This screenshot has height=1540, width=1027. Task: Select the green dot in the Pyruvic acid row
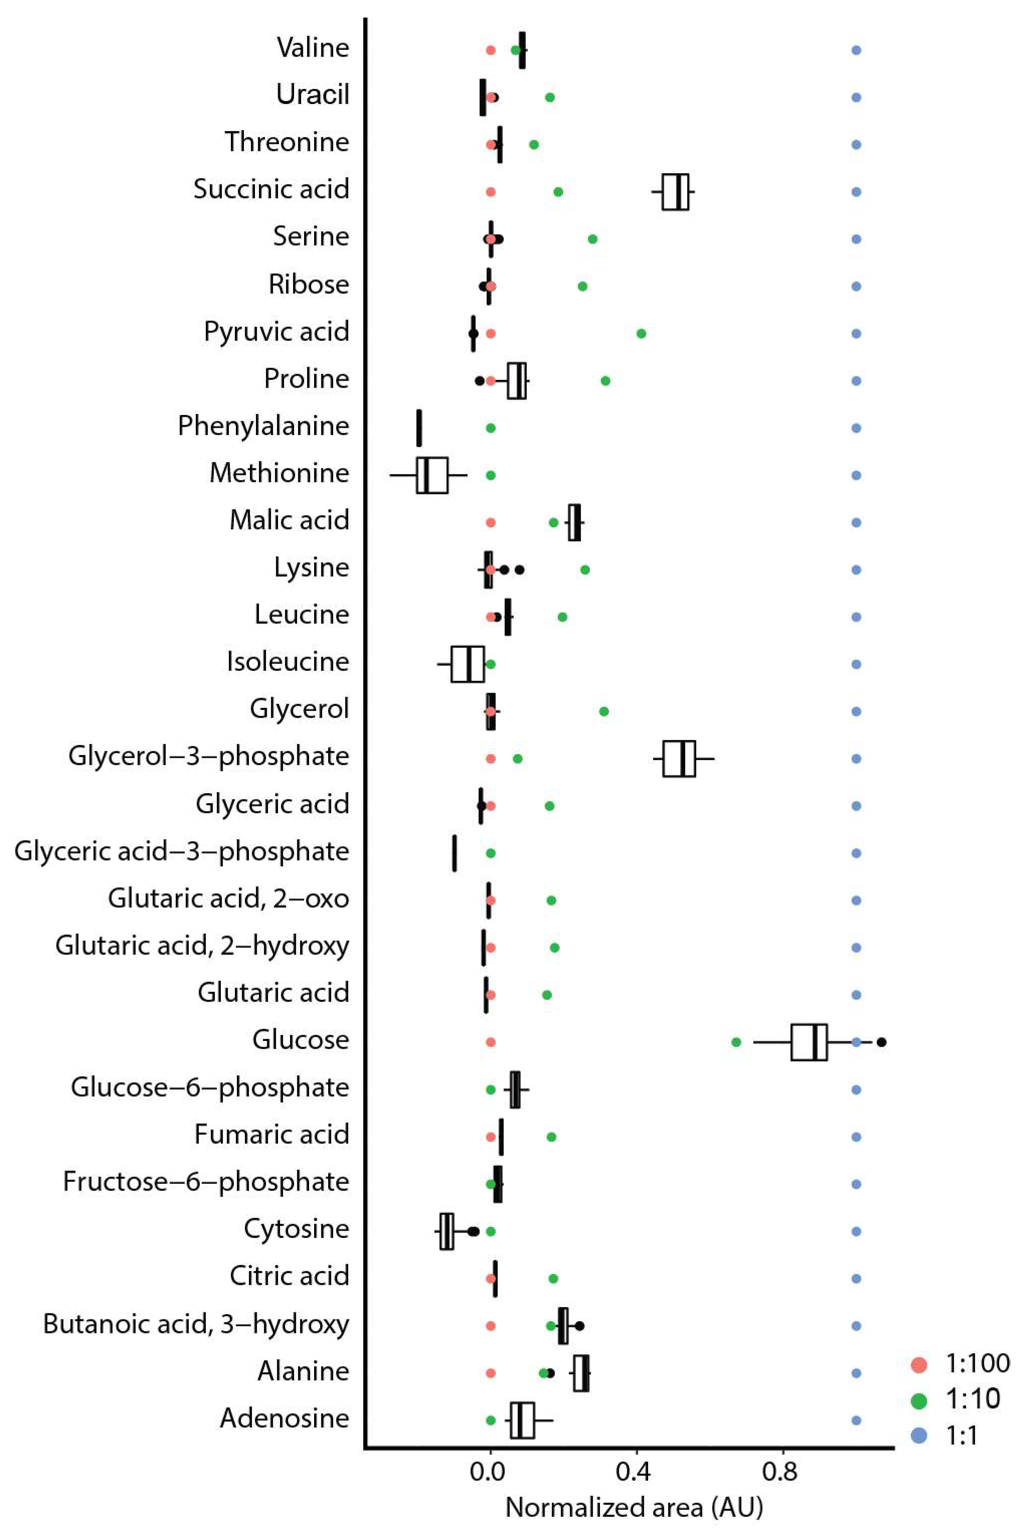[641, 333]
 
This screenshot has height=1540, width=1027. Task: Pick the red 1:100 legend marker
[919, 1365]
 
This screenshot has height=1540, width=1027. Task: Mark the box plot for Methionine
[432, 475]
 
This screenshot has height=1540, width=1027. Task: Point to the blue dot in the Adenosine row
[856, 1420]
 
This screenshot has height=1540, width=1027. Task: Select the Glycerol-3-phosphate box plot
[679, 759]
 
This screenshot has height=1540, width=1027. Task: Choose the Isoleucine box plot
[468, 664]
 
